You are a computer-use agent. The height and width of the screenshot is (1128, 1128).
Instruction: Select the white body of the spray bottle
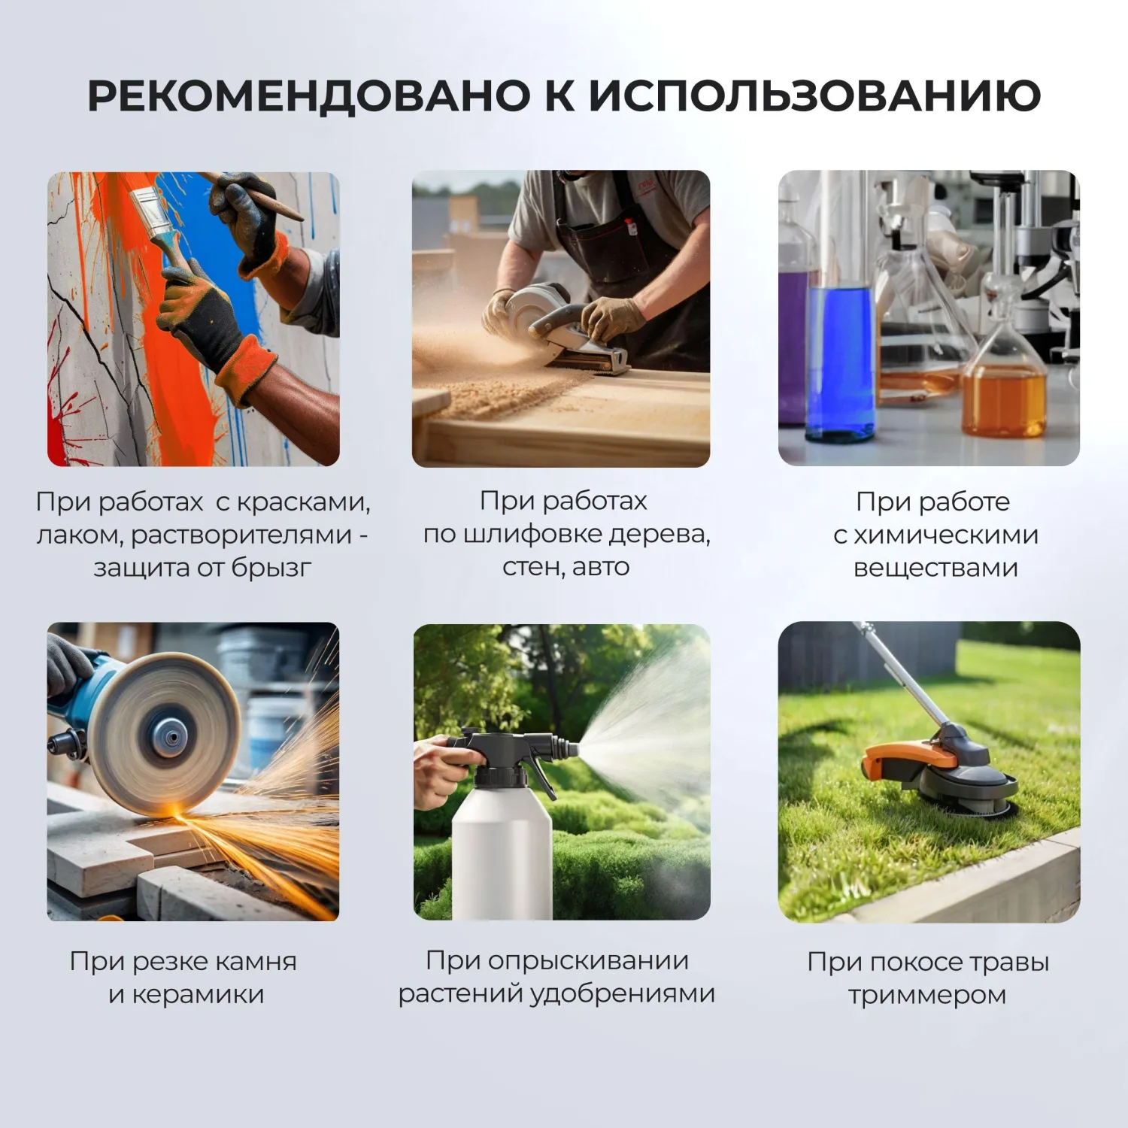click(502, 850)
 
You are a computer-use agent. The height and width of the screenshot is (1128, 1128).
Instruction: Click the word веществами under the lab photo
click(935, 568)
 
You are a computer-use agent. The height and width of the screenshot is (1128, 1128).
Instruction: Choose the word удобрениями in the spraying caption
click(623, 993)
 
